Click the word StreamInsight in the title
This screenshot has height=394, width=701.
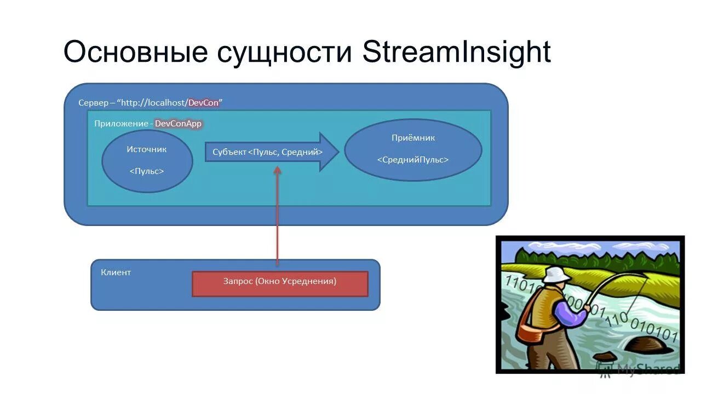(456, 53)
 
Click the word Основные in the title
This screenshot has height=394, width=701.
(135, 53)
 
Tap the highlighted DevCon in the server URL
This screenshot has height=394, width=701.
(203, 103)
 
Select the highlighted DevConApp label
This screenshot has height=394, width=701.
(178, 124)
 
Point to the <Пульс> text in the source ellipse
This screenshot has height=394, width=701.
(147, 171)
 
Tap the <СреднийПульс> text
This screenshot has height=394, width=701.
(413, 160)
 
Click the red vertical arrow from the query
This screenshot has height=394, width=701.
(277, 219)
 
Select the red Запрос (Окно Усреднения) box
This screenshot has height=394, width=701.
(280, 283)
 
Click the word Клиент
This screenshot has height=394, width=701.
(116, 272)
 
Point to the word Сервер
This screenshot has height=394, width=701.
(93, 103)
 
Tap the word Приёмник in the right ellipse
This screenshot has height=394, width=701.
(413, 138)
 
